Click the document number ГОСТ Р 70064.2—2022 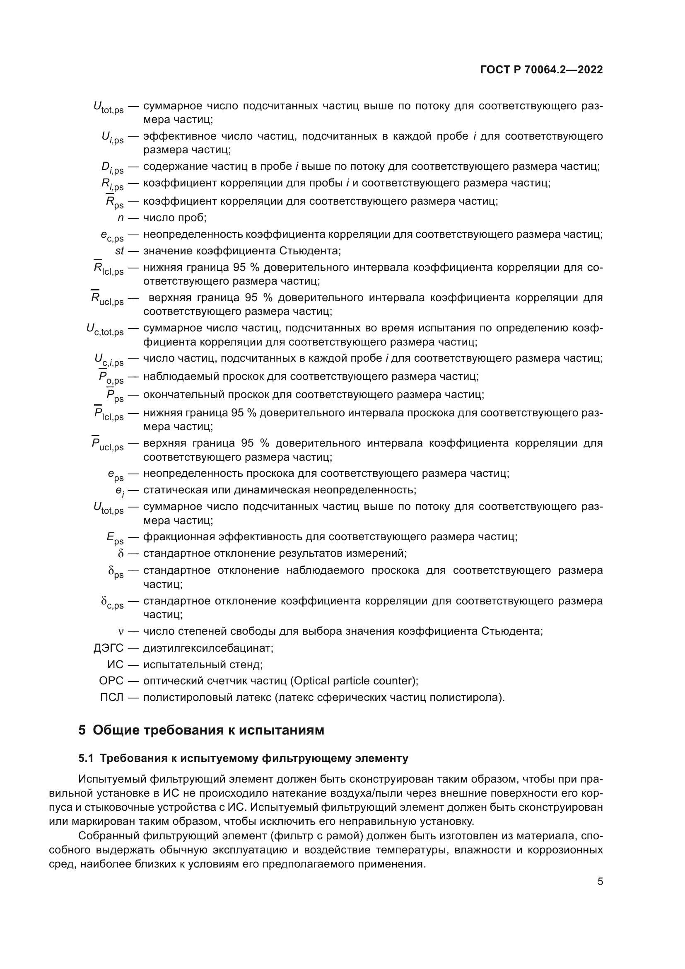point(541,70)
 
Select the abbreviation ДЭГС point(109,648)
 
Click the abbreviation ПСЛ point(112,698)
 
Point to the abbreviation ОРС point(111,681)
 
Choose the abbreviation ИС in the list point(115,665)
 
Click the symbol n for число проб point(120,218)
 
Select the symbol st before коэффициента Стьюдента point(119,251)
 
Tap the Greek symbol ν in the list point(121,632)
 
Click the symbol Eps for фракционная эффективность point(115,538)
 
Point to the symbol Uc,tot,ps point(105,330)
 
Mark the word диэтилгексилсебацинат point(208,648)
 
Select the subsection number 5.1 point(86,759)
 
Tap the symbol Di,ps point(112,168)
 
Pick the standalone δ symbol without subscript point(121,554)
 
